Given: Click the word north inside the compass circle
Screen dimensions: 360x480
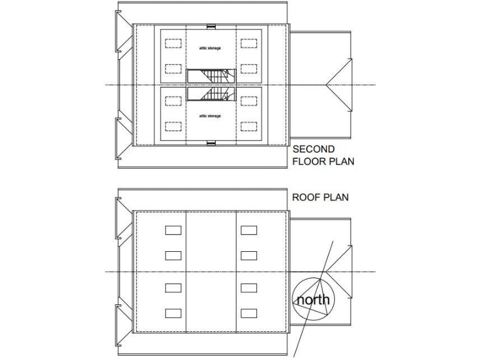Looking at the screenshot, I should click(x=312, y=300).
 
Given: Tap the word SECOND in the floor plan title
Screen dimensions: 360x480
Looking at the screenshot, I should click(x=314, y=149).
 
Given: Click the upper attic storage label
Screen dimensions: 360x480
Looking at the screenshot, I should click(x=210, y=47).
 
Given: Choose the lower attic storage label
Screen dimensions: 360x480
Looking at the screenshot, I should click(x=210, y=116).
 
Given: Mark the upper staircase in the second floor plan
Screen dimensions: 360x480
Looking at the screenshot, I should click(x=211, y=76).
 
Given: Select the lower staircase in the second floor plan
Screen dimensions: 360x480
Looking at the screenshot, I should click(x=211, y=95).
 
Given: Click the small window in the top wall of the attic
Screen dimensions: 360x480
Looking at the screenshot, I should click(x=211, y=26).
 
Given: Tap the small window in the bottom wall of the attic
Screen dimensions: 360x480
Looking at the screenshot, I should click(x=211, y=143).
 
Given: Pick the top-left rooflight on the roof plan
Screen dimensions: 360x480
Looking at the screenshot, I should click(x=173, y=230).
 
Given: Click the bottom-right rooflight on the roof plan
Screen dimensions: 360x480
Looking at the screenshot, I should click(x=249, y=312).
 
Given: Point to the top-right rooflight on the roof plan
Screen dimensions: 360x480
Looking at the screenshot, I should click(x=249, y=230).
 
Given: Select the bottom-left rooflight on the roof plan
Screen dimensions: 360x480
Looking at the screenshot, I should click(x=173, y=312).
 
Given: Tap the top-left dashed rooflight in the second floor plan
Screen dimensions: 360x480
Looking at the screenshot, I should click(x=173, y=44).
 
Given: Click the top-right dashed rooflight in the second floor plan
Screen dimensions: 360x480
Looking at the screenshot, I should click(x=249, y=44).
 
